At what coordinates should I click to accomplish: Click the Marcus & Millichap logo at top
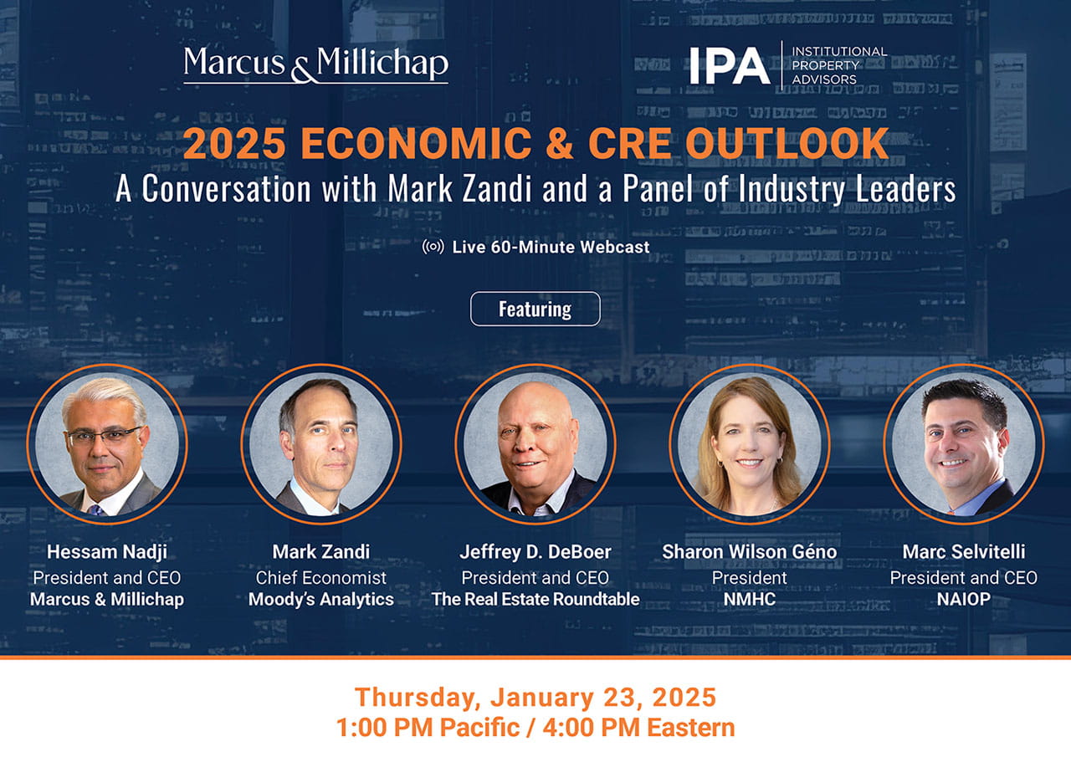(315, 64)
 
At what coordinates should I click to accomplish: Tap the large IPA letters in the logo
(729, 65)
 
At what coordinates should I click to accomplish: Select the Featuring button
(535, 309)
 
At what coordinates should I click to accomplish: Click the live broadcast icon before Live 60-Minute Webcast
(433, 247)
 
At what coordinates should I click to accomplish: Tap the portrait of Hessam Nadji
(107, 444)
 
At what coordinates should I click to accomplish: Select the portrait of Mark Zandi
(321, 444)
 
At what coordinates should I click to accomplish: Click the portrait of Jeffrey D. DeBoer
(535, 444)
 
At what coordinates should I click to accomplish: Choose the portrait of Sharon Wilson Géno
(750, 444)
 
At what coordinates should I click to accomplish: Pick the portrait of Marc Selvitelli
(964, 444)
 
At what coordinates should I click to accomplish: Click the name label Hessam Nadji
(107, 552)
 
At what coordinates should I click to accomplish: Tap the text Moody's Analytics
(321, 599)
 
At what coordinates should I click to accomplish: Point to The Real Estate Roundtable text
(535, 599)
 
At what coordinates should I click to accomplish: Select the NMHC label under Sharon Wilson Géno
(750, 599)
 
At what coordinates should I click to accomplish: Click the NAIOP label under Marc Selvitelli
(964, 599)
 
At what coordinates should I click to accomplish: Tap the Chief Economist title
(321, 577)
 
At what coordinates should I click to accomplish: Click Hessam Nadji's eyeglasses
(104, 435)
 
